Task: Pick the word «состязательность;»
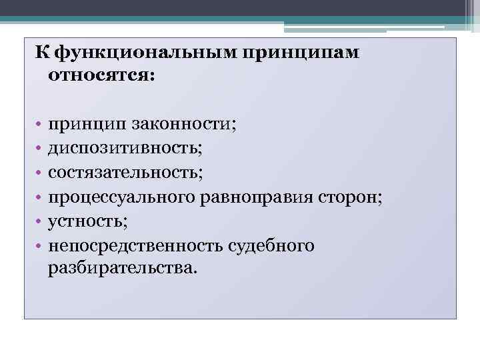pos(125,173)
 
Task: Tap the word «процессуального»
pos(123,197)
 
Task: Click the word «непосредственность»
pos(137,245)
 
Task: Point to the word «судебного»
pos(271,245)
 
